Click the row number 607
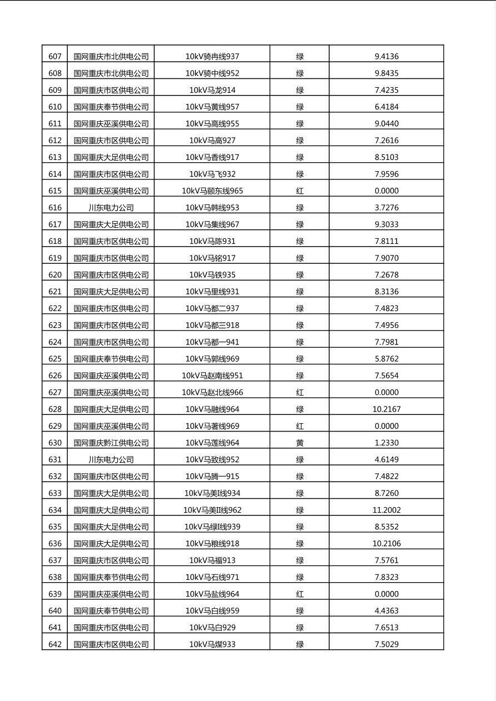coord(55,57)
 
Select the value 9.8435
coord(386,73)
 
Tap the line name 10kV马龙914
coord(212,90)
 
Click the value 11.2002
coord(386,510)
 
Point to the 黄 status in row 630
coord(300,443)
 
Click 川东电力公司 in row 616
coord(111,208)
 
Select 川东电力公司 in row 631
coord(111,459)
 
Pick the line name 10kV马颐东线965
coord(212,191)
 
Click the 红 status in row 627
coord(300,392)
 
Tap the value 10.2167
coord(386,409)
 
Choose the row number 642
coord(55,644)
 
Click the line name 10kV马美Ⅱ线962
coord(212,510)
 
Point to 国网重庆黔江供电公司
coord(111,443)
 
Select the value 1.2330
coord(386,443)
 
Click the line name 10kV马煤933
coord(212,644)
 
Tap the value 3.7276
coord(386,208)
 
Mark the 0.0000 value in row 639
coord(386,594)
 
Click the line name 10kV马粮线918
coord(212,543)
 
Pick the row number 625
coord(55,359)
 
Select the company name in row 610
coord(111,107)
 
